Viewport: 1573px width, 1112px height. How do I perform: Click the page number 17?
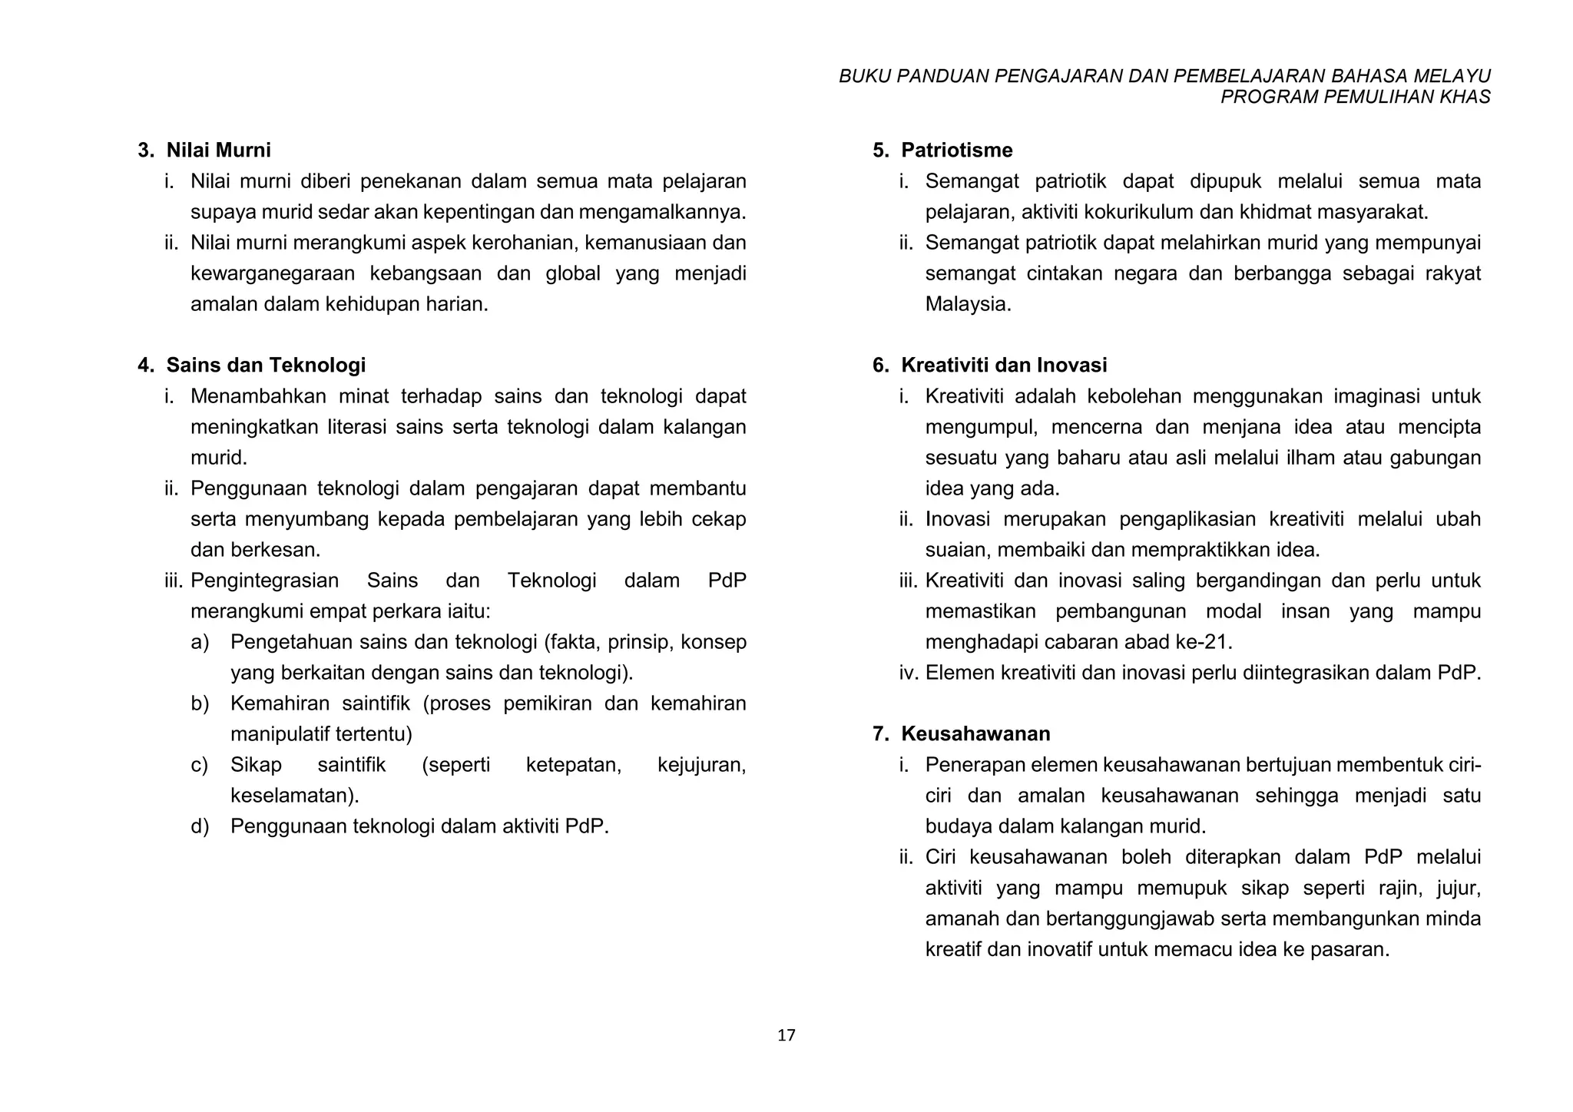click(786, 1035)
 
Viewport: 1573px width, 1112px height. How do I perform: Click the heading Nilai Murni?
click(218, 150)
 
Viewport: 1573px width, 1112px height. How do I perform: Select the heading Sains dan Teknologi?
click(266, 365)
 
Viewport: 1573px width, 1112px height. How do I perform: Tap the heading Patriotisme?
click(956, 150)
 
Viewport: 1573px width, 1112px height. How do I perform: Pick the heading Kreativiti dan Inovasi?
click(1004, 365)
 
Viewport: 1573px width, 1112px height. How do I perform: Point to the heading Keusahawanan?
click(975, 733)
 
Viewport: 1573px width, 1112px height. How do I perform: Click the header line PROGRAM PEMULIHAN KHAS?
click(1355, 97)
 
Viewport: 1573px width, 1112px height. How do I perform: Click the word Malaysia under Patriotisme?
click(966, 304)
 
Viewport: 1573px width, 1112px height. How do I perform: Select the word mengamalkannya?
click(661, 212)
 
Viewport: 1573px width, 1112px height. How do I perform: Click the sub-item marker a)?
click(200, 642)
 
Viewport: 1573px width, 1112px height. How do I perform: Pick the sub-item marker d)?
click(200, 826)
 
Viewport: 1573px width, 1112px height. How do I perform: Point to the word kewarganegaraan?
click(272, 273)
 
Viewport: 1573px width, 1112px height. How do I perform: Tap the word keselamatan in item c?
click(293, 796)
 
